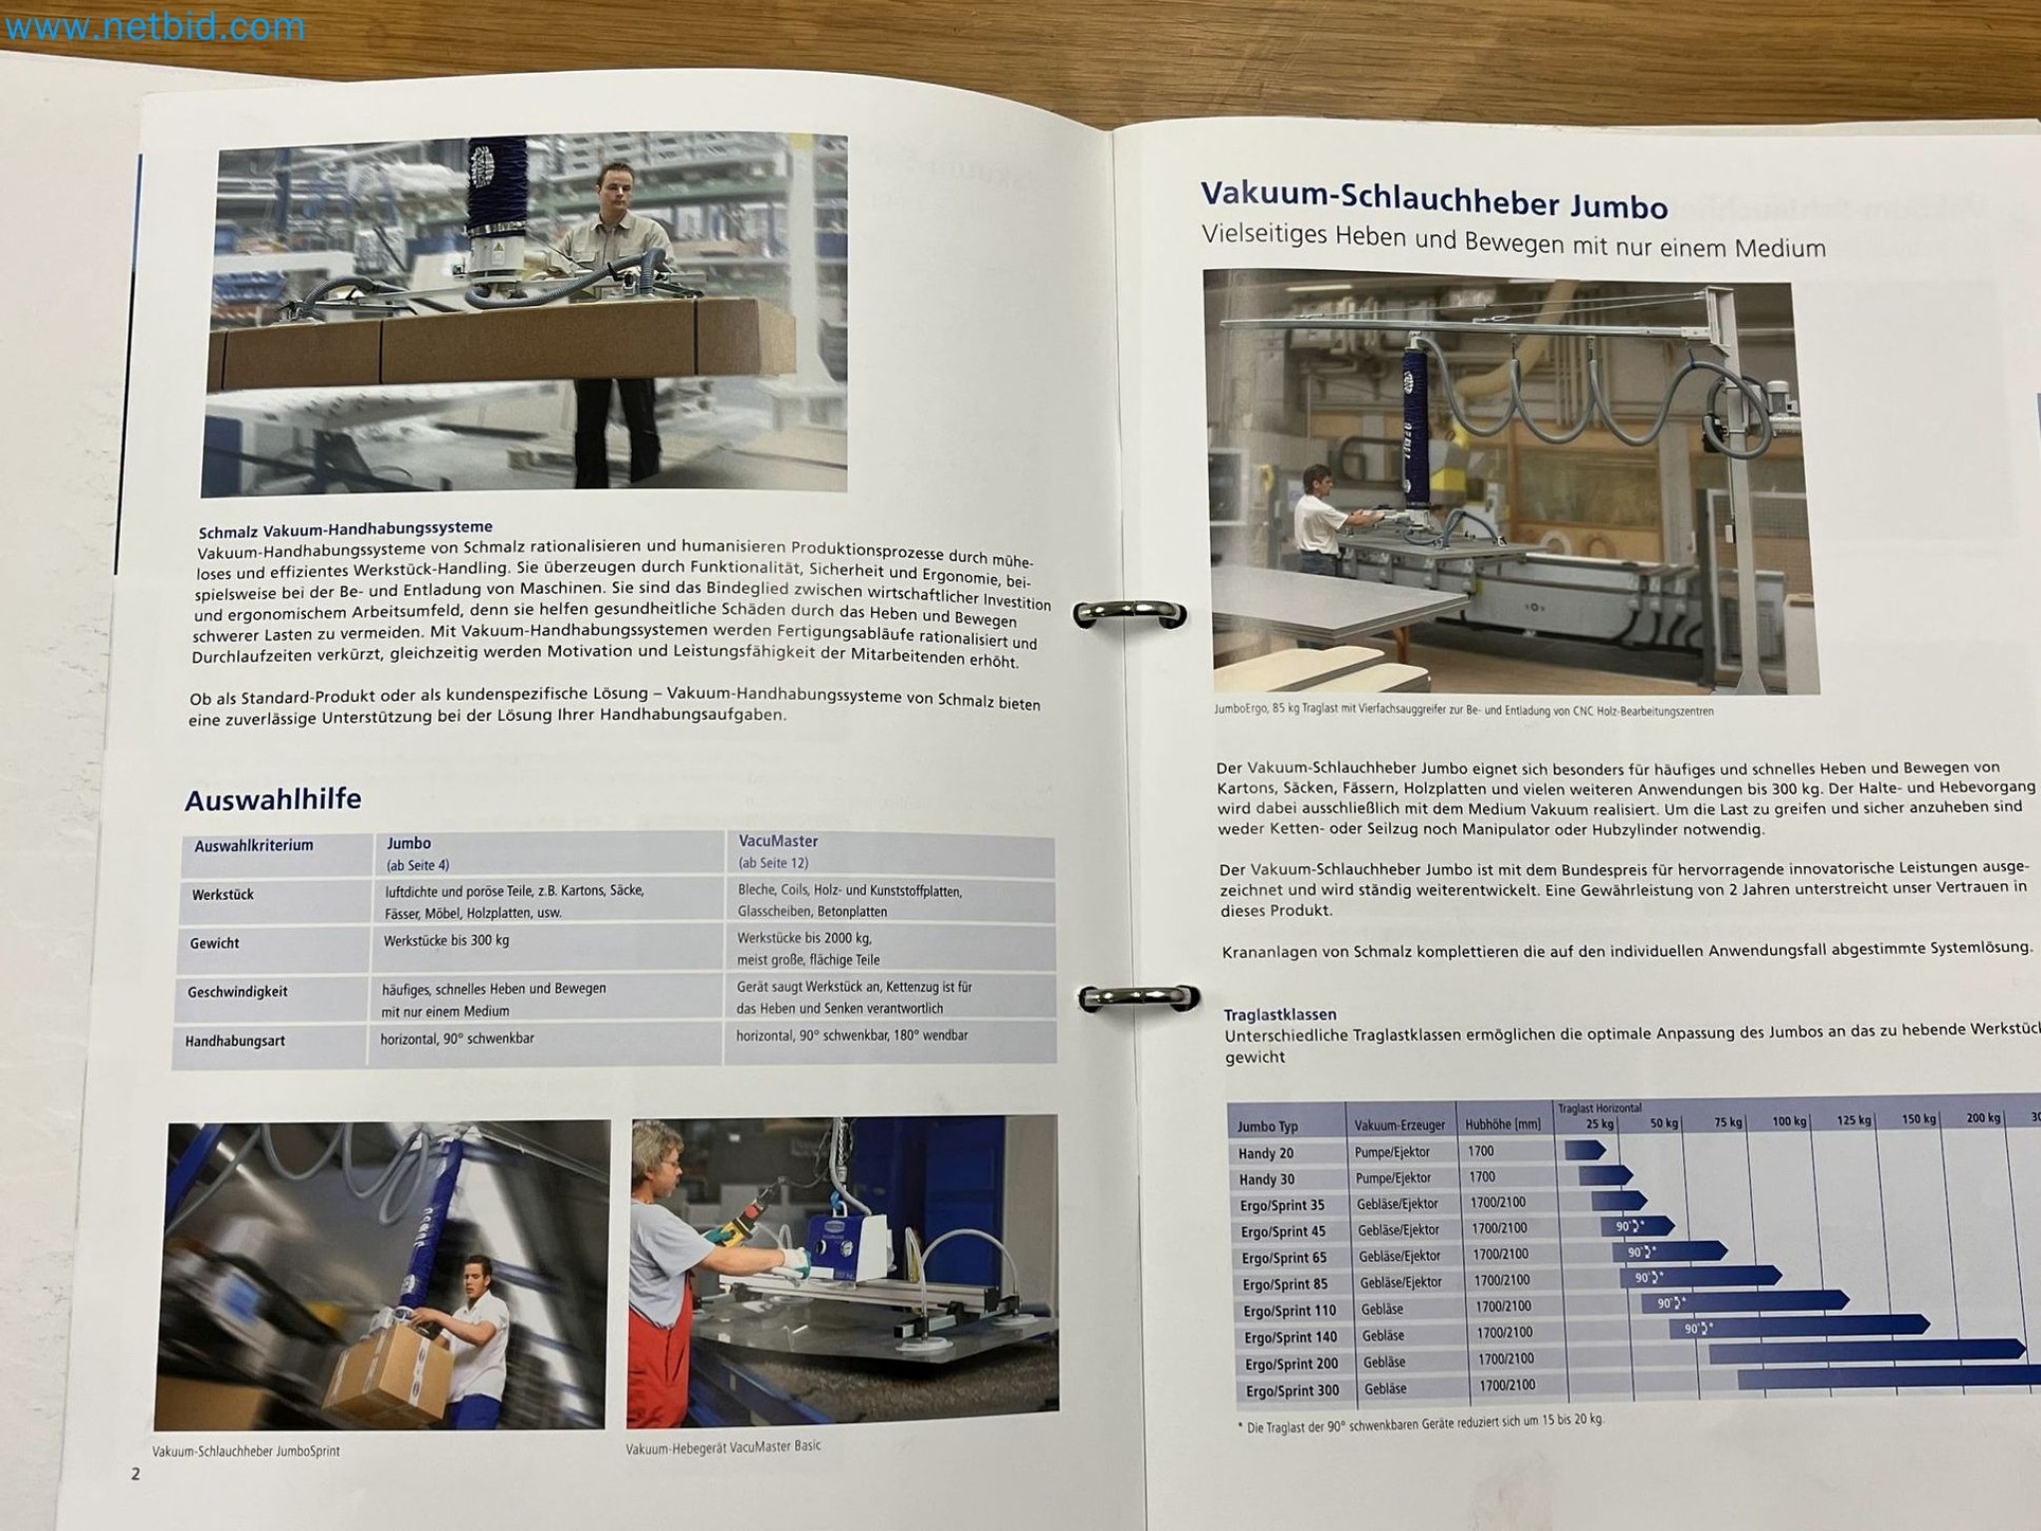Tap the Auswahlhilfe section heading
[273, 799]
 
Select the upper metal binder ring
[1129, 613]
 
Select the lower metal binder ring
[1140, 998]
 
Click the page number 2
[136, 1474]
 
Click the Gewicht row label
[214, 943]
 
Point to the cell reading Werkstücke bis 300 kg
[446, 940]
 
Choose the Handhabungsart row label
[235, 1041]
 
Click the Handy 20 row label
[1266, 1153]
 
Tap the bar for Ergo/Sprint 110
[1744, 1302]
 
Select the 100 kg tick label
[1789, 1121]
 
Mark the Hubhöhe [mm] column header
[1503, 1124]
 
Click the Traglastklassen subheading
[1280, 1015]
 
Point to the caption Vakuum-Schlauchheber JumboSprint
[246, 1451]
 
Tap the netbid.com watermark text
[154, 27]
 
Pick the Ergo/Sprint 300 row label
[1293, 1390]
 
